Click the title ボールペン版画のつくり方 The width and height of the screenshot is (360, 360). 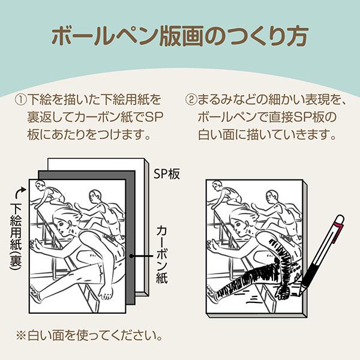[x=180, y=37]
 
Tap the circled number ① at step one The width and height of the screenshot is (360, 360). [x=21, y=100]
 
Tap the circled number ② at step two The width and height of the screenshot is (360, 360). [x=191, y=100]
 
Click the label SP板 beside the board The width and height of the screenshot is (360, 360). [x=167, y=174]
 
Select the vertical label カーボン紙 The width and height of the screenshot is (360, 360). [x=161, y=254]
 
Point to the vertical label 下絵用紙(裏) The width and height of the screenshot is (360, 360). [x=16, y=236]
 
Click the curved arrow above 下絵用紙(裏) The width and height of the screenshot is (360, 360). [x=20, y=193]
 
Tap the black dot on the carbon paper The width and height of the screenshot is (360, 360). [x=131, y=256]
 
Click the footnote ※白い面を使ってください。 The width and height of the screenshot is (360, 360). [x=89, y=335]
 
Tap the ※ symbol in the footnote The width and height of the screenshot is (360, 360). [x=21, y=335]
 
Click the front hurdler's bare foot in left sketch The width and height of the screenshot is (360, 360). [x=106, y=292]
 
